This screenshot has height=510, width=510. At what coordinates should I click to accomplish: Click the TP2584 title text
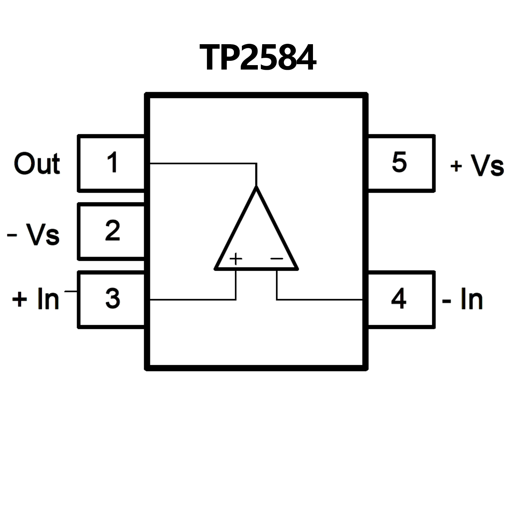[x=258, y=58]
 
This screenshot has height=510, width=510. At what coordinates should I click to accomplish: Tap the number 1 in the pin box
[x=113, y=162]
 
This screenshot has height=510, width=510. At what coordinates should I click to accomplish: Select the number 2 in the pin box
[x=113, y=230]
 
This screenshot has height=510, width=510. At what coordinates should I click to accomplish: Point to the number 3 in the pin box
[x=113, y=298]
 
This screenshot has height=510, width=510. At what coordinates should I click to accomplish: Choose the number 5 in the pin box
[x=399, y=162]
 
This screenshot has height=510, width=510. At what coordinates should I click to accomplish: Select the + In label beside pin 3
[x=36, y=299]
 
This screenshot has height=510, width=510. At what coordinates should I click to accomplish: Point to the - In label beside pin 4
[x=462, y=299]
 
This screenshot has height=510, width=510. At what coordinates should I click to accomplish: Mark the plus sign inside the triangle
[x=236, y=258]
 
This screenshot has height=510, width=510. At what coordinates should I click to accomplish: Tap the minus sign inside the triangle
[x=276, y=258]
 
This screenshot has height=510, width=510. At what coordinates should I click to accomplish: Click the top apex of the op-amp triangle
[x=256, y=187]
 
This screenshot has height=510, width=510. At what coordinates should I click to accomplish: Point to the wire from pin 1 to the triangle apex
[x=203, y=163]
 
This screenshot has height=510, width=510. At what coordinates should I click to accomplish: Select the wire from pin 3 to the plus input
[x=193, y=300]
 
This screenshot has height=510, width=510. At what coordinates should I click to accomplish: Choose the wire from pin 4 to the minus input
[x=319, y=300]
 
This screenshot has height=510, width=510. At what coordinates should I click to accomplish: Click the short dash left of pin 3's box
[x=70, y=292]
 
